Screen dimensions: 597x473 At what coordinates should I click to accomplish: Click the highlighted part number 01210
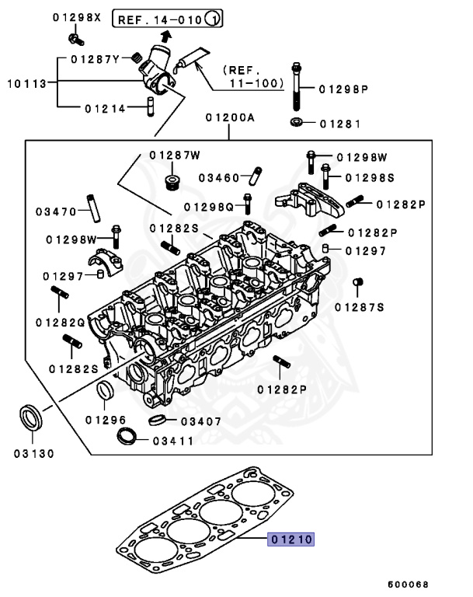click(x=291, y=538)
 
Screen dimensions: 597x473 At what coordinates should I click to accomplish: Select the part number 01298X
click(x=77, y=17)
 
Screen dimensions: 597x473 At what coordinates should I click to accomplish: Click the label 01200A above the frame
click(x=231, y=117)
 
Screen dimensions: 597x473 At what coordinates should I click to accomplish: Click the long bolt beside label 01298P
click(x=297, y=87)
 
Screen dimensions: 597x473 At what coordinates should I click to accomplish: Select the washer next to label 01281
click(x=296, y=122)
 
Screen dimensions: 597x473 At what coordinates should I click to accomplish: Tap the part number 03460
click(x=220, y=178)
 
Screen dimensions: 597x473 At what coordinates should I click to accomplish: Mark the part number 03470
click(x=57, y=211)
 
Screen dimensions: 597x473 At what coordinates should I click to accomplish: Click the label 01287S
click(x=360, y=307)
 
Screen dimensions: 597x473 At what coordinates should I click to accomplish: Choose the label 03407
click(x=200, y=421)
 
